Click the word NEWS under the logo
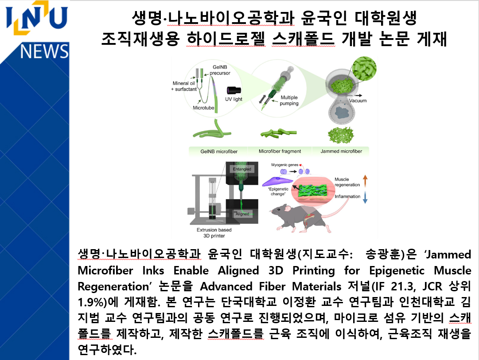[44, 52]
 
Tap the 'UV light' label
[234, 99]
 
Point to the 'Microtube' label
[203, 107]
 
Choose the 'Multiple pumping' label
[289, 100]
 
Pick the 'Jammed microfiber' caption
[341, 151]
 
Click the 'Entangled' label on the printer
[242, 169]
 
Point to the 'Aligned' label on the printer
[242, 214]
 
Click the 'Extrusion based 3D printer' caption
[214, 233]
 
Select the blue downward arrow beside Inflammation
[365, 198]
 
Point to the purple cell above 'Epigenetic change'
[278, 181]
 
